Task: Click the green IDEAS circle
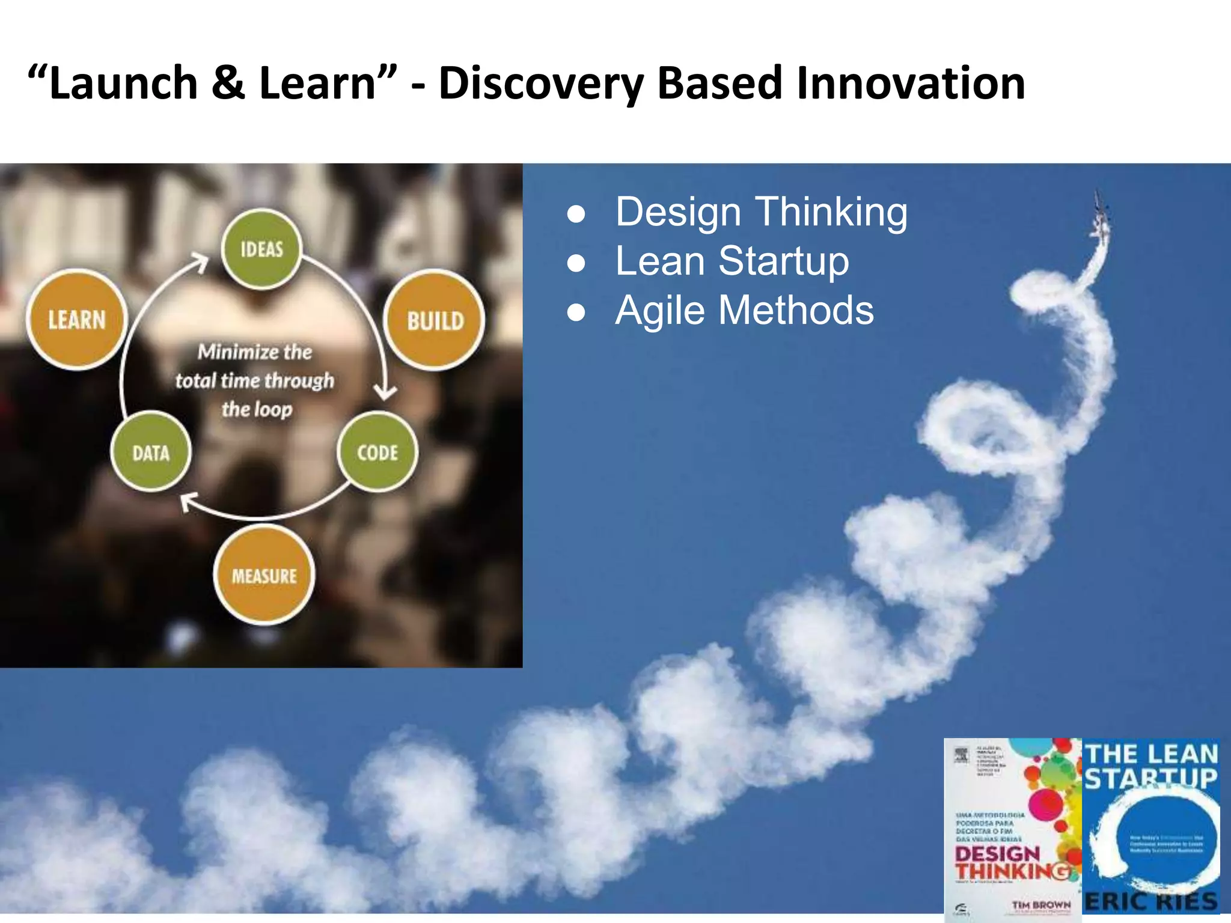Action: [x=261, y=249]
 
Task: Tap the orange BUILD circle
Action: [x=435, y=320]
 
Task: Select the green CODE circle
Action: [x=377, y=452]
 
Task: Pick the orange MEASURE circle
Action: [x=264, y=575]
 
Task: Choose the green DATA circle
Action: [x=151, y=452]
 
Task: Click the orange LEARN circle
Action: [x=77, y=319]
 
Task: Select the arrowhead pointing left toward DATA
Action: [x=189, y=501]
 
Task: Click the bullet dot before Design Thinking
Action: [x=576, y=214]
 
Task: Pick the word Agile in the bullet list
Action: [x=659, y=310]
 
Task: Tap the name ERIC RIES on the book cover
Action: [x=1151, y=901]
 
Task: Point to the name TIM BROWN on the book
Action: [x=1041, y=904]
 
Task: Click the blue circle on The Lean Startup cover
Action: [x=1151, y=838]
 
